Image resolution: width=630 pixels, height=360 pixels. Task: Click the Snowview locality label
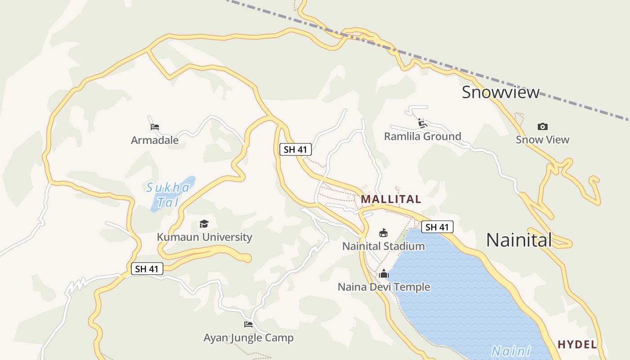coord(500,92)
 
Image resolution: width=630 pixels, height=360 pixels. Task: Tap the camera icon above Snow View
coord(543,126)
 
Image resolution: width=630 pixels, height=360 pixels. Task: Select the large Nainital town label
coord(519,240)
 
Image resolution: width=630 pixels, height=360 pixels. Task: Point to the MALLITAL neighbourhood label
coord(391,199)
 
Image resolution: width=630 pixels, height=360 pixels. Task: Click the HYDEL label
coord(577,345)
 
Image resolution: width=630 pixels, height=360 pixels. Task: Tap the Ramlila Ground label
coord(423,136)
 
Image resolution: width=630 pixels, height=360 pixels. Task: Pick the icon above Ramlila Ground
coord(422,123)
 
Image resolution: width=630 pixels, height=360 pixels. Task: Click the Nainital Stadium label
coord(383,246)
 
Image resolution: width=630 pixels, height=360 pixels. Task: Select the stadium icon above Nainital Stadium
coord(383,233)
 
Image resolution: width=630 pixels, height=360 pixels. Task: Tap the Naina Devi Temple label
coord(384,287)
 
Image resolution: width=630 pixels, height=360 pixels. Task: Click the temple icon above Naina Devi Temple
coord(384,274)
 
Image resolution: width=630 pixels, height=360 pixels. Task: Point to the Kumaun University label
coord(204,237)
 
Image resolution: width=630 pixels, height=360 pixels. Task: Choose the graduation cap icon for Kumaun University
coord(204,224)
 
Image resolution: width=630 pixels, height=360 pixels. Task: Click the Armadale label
coord(155,140)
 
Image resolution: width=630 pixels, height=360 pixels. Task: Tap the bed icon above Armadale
coord(155,127)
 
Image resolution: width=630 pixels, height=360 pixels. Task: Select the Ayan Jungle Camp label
coord(248,337)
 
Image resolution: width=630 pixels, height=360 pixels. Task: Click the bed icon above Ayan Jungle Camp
coord(248,324)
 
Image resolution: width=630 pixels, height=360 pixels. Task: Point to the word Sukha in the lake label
coord(168,188)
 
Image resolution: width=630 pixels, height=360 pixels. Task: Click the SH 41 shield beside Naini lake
coord(437,227)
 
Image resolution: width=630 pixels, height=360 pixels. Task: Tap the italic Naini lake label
coord(511,351)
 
